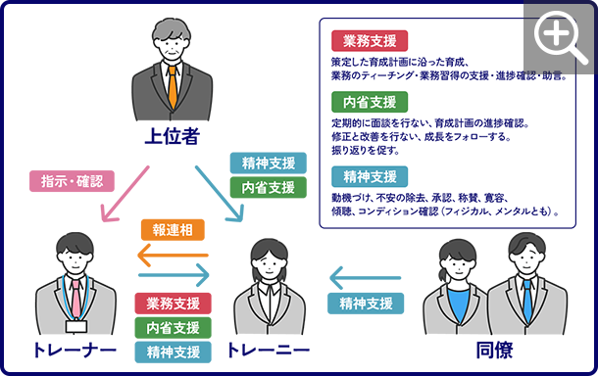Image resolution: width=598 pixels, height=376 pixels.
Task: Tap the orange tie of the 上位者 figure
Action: point(173,88)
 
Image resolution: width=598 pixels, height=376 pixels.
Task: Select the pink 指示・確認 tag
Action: point(72,180)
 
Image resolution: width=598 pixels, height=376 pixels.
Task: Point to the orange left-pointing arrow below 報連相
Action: point(173,256)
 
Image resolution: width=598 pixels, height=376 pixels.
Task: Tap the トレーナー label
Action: point(75,351)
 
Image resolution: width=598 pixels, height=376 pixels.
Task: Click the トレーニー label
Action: point(269,351)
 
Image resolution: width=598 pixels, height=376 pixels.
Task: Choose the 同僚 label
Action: point(494,351)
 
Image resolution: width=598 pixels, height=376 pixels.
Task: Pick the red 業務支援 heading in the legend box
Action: point(371,41)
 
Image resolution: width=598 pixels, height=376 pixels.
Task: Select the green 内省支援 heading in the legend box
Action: point(371,102)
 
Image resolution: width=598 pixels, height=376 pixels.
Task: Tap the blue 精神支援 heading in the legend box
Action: point(371,177)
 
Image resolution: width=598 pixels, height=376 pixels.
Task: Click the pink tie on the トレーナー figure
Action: point(75,299)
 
